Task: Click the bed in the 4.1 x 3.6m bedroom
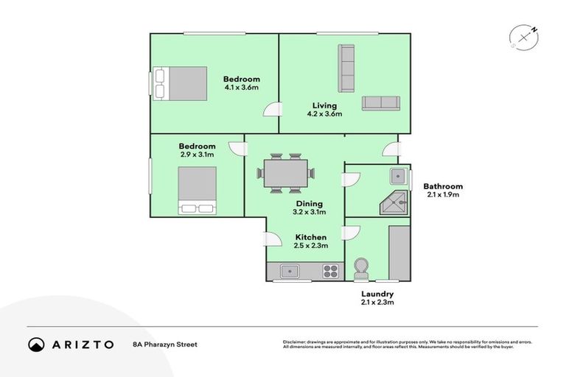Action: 181,82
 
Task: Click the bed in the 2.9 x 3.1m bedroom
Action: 197,190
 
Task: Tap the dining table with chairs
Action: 285,174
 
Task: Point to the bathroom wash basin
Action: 399,176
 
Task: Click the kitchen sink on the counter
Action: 290,272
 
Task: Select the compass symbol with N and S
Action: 523,37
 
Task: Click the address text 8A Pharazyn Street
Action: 165,344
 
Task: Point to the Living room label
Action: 324,105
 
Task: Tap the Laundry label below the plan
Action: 377,294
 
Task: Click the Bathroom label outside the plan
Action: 443,186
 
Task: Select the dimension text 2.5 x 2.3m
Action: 311,246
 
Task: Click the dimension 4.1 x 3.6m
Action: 242,88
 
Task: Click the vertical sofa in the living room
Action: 346,68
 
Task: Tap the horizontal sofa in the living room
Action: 380,104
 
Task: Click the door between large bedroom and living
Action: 273,110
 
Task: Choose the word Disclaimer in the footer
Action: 296,342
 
